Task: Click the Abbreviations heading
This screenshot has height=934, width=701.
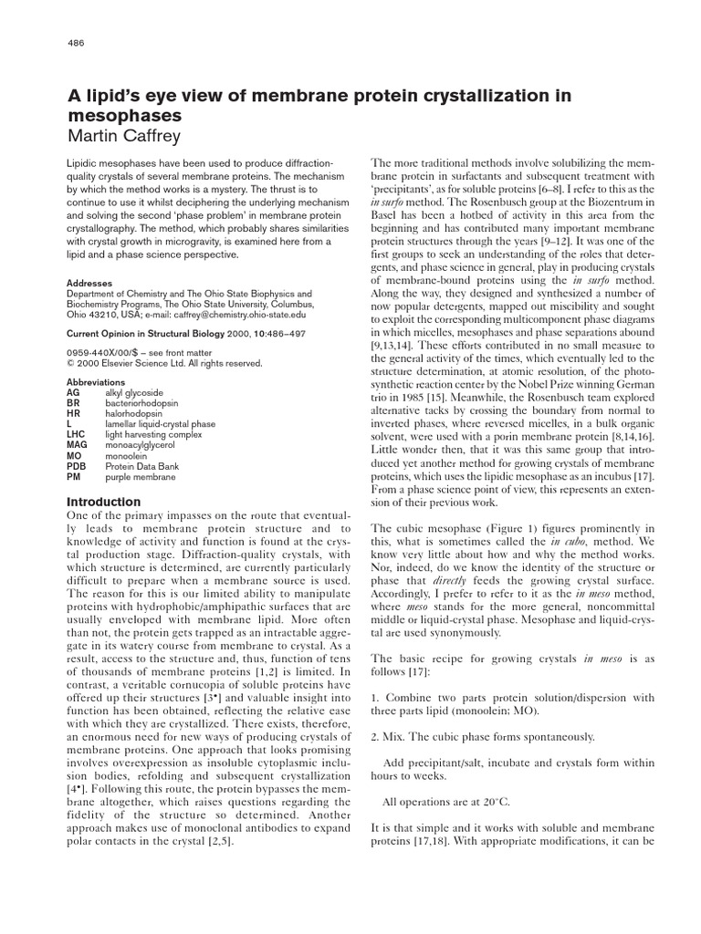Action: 96,381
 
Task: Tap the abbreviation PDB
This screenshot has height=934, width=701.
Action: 78,466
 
